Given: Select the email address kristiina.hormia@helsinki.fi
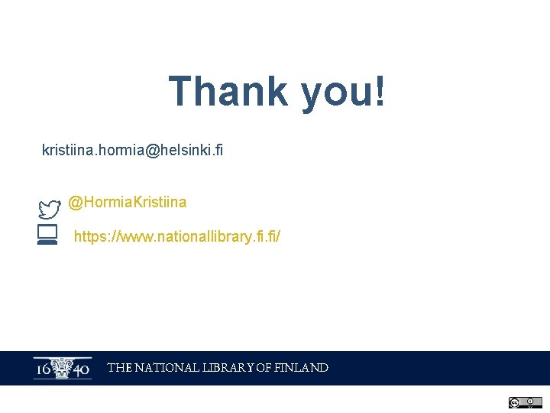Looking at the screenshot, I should click(x=132, y=151).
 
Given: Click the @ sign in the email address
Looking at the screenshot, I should click(x=151, y=151).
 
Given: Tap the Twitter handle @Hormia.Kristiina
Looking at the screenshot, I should click(x=127, y=202).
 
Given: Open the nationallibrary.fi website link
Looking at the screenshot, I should click(x=176, y=237).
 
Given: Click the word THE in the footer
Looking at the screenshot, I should click(x=119, y=368).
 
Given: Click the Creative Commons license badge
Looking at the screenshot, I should click(x=525, y=402).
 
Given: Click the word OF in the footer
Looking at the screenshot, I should click(x=263, y=368).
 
